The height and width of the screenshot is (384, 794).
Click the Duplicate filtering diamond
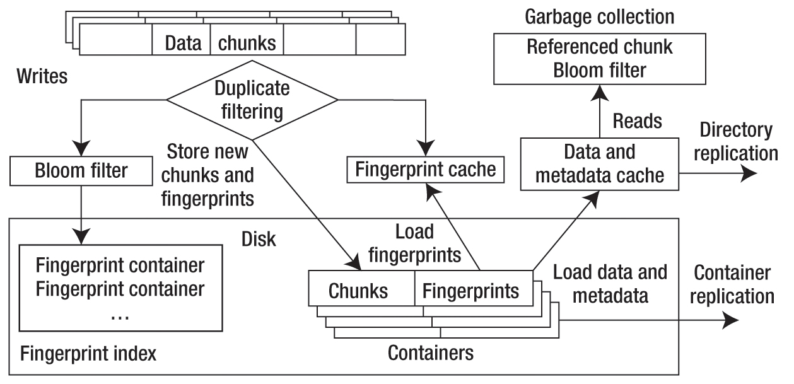pyautogui.click(x=252, y=99)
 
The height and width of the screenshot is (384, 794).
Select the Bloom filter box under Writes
pyautogui.click(x=82, y=171)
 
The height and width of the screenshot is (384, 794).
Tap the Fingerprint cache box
pyautogui.click(x=426, y=170)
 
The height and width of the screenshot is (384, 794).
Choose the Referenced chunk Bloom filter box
pyautogui.click(x=598, y=59)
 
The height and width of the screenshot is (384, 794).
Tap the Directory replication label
pyautogui.click(x=736, y=142)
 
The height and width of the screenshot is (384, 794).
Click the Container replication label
pyautogui.click(x=731, y=285)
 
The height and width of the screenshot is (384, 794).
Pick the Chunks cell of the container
pyautogui.click(x=358, y=291)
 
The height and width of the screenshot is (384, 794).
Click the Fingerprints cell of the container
pyautogui.click(x=470, y=291)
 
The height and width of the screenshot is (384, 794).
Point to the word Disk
pyautogui.click(x=259, y=240)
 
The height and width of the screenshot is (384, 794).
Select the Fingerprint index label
pyautogui.click(x=88, y=354)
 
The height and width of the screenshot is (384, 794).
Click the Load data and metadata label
pyautogui.click(x=610, y=284)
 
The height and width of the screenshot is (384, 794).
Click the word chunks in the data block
pyautogui.click(x=247, y=43)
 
